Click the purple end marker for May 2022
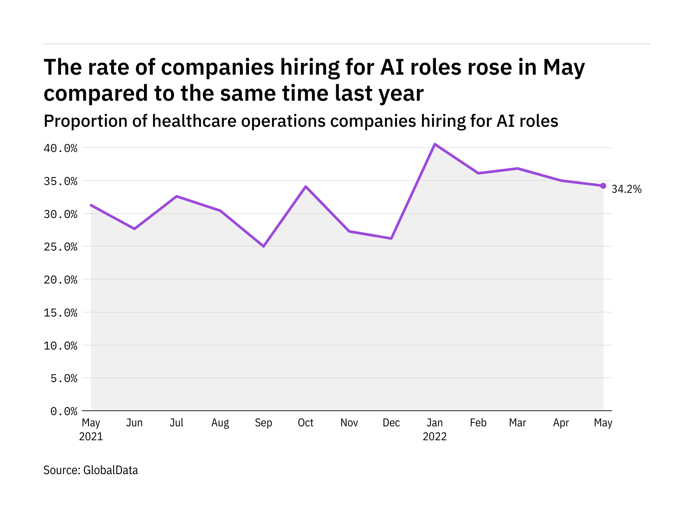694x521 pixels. click(603, 186)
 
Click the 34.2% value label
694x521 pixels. click(626, 189)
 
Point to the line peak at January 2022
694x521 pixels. click(435, 144)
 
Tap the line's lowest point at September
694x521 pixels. click(263, 246)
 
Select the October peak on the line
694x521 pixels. click(306, 187)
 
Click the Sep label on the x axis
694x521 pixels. click(263, 423)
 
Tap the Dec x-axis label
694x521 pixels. click(391, 423)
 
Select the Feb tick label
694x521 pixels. click(478, 423)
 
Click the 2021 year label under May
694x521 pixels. click(91, 436)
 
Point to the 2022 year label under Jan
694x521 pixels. click(435, 436)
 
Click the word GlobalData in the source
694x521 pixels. click(111, 470)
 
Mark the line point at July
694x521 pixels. click(177, 196)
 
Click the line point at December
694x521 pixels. click(391, 238)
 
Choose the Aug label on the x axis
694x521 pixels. click(220, 423)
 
